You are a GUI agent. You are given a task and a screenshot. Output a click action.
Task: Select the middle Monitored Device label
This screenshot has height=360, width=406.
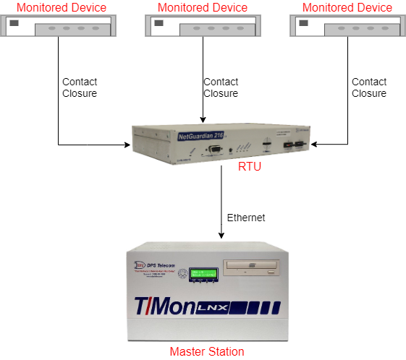coord(203,7)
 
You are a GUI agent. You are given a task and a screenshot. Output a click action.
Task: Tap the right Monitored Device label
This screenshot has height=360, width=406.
coord(347,7)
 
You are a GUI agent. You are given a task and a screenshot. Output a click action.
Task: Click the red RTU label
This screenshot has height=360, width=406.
coord(250,168)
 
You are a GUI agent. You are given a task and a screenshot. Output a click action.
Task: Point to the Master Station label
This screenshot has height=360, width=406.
coord(207,351)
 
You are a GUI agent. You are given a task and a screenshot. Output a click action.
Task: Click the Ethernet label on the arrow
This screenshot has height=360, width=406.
coord(246,218)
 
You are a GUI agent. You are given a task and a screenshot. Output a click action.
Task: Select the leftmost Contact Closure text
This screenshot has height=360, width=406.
coord(80,87)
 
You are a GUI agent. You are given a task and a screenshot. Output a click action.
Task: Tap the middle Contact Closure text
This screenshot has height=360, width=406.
coord(221,87)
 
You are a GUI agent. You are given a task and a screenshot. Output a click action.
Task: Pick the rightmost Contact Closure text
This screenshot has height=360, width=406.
coord(369,87)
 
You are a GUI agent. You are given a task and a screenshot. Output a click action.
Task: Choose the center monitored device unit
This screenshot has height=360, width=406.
coord(203,26)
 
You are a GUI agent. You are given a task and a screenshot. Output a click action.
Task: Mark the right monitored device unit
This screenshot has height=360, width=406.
coord(347,26)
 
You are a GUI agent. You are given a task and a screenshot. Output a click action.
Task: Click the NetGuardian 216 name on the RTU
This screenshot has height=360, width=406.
coord(202,135)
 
